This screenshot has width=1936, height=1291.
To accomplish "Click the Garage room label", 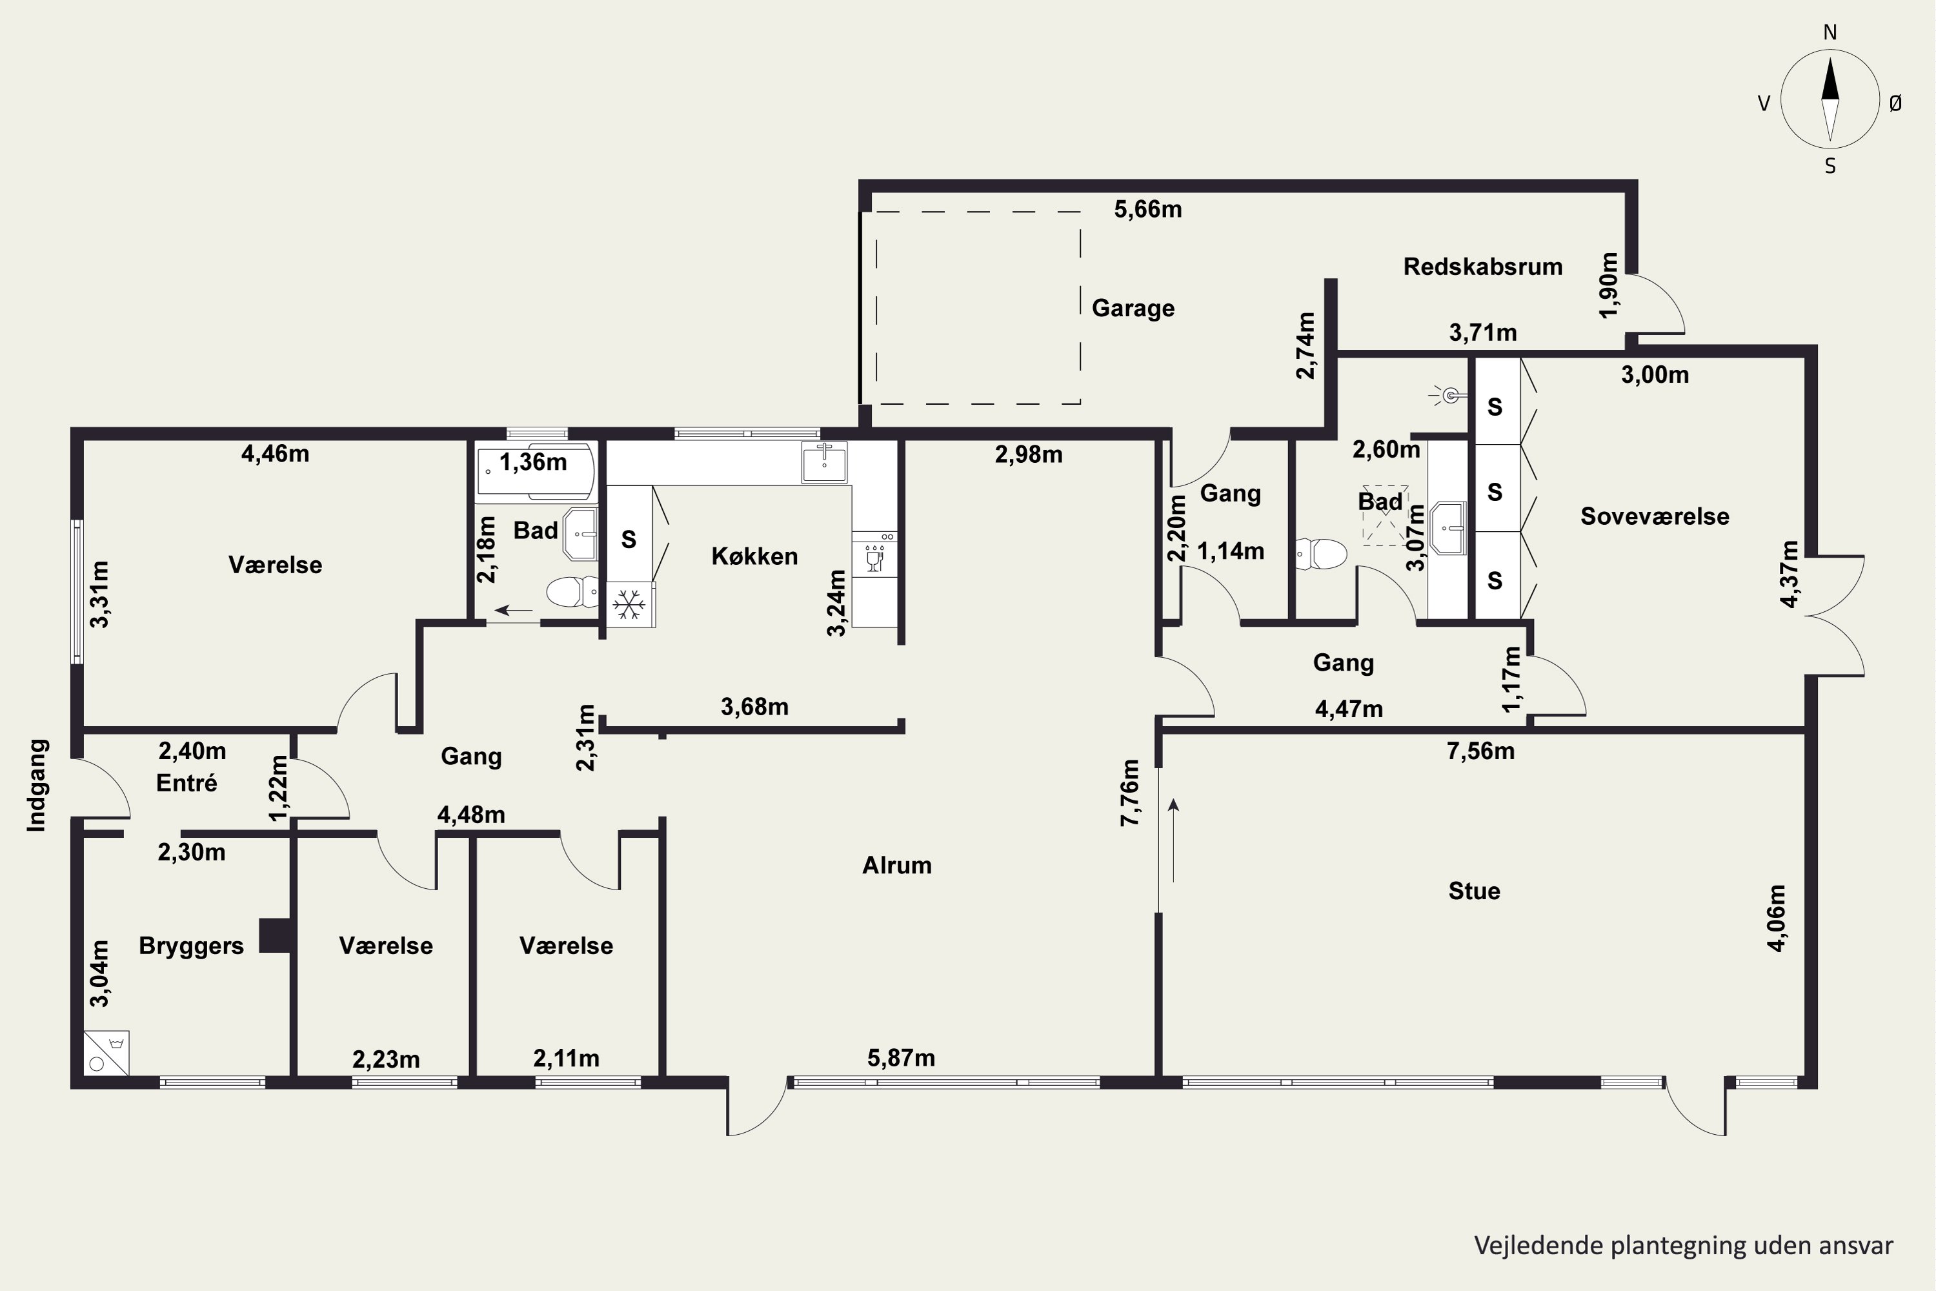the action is tap(1133, 308).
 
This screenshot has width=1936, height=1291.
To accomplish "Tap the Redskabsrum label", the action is tap(1482, 267).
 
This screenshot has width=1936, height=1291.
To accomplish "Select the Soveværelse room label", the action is tap(1655, 516).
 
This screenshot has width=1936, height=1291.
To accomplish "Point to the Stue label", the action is tap(1474, 891).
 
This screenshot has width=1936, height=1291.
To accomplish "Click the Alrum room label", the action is tap(896, 866).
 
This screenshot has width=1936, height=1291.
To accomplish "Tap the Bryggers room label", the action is tap(191, 946).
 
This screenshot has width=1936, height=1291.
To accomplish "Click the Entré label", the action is tap(187, 783).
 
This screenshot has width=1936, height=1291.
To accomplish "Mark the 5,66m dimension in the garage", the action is tap(1148, 210).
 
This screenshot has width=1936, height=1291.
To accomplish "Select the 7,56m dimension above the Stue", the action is tap(1481, 751).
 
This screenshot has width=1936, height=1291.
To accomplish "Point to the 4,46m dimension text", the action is tap(275, 454).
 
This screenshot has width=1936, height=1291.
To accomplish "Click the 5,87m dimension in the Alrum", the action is tap(902, 1058).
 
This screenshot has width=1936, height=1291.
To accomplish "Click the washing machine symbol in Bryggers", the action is tap(106, 1053).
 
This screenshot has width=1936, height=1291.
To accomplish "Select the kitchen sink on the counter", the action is tap(824, 462).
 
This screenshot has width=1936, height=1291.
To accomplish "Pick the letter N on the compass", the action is tap(1830, 33).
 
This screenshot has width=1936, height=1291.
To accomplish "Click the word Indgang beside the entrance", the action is tap(37, 785).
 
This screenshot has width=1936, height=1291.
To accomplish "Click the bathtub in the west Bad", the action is tap(535, 472).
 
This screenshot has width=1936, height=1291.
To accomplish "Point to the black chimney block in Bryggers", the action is tap(275, 935).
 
